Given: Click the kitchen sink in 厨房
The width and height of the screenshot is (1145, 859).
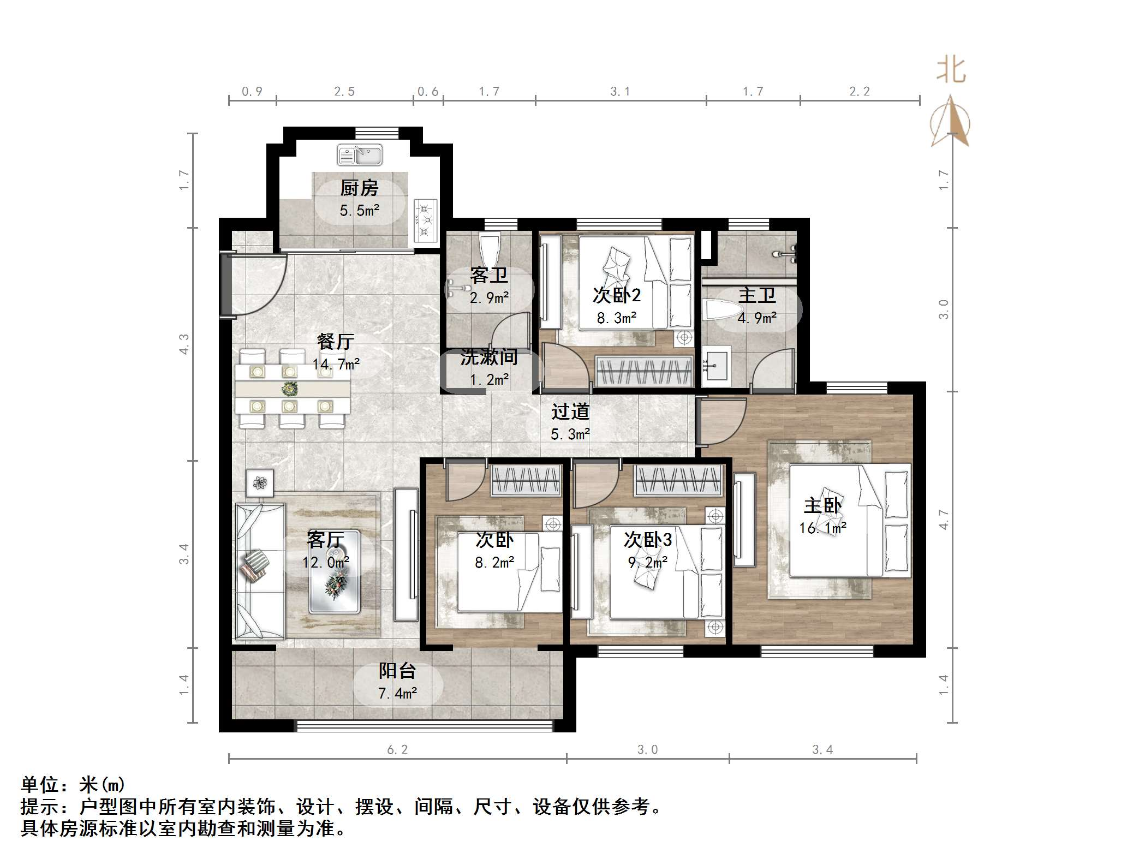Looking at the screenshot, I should click(x=359, y=155).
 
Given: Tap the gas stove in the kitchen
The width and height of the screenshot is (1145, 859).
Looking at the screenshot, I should click(x=425, y=220).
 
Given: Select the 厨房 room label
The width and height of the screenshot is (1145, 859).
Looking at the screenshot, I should click(x=359, y=188).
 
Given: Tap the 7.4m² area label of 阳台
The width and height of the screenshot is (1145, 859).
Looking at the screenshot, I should click(x=397, y=694).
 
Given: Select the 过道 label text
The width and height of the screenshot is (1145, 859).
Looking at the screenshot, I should click(x=570, y=411).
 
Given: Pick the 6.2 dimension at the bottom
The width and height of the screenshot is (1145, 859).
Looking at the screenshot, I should click(x=397, y=750).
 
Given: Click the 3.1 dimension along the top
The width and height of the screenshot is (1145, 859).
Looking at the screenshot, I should click(x=620, y=92).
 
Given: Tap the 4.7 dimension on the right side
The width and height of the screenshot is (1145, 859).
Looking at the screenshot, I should click(x=944, y=519).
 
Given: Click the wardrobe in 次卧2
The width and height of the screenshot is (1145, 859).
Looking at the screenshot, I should click(x=644, y=371).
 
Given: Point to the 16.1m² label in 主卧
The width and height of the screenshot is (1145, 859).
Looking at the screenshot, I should click(x=822, y=528).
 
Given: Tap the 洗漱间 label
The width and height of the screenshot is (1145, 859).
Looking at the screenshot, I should click(x=488, y=357).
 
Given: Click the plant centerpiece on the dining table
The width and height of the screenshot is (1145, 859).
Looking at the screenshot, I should click(x=290, y=389).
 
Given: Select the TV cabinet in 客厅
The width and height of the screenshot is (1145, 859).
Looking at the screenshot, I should click(x=405, y=554).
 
